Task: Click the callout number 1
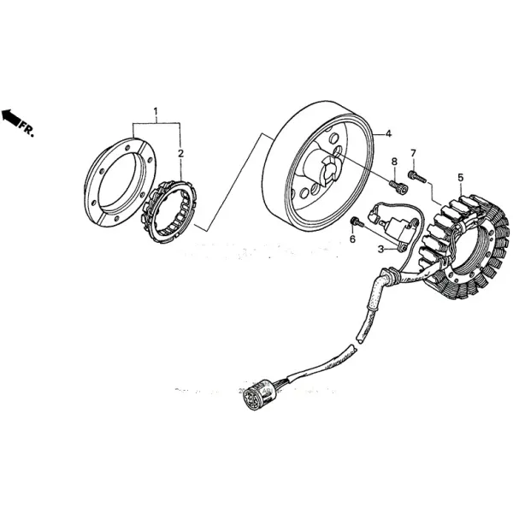[156, 111]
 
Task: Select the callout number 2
[180, 153]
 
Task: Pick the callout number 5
[460, 178]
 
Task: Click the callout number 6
[351, 239]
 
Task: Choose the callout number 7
[413, 153]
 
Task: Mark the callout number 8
[394, 162]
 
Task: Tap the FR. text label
[27, 130]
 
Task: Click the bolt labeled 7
[416, 176]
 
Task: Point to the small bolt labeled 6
[357, 223]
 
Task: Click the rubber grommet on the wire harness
[390, 275]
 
